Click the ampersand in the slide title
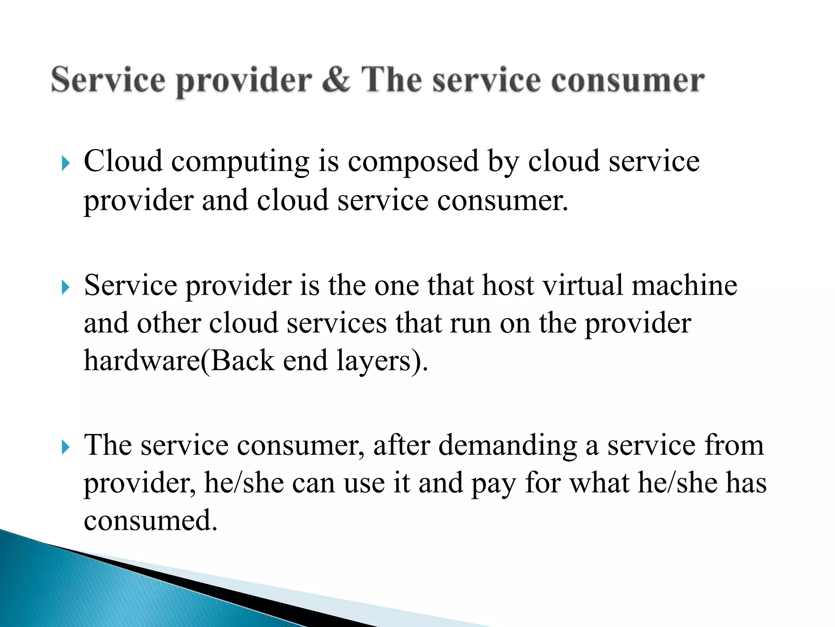[x=336, y=80]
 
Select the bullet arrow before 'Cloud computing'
[x=66, y=164]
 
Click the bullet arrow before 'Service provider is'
[x=66, y=288]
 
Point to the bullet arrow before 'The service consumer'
[x=66, y=448]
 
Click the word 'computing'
[x=240, y=162]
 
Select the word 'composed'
[x=413, y=162]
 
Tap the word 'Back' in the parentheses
[x=242, y=361]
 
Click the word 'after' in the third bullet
[x=402, y=445]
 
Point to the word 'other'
[x=169, y=323]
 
